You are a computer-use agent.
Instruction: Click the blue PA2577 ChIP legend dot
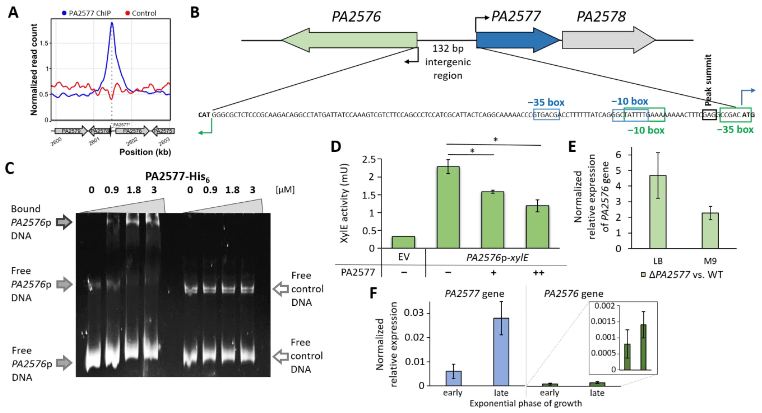pos(64,13)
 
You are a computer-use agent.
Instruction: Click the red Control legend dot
pos(128,13)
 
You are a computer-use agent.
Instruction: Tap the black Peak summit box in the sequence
pos(709,115)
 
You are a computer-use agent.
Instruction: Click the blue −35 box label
pos(546,103)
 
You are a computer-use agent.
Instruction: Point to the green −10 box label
pos(646,130)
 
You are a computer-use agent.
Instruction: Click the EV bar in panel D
pos(403,242)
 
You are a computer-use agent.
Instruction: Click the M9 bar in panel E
pos(710,230)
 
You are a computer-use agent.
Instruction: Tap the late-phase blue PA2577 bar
pos(501,351)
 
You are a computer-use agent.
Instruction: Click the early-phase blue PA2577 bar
pos(453,378)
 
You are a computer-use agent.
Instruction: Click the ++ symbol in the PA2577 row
pos(538,272)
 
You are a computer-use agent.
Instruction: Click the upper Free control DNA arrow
pos(280,289)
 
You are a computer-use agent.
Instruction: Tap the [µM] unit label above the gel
pos(285,190)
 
